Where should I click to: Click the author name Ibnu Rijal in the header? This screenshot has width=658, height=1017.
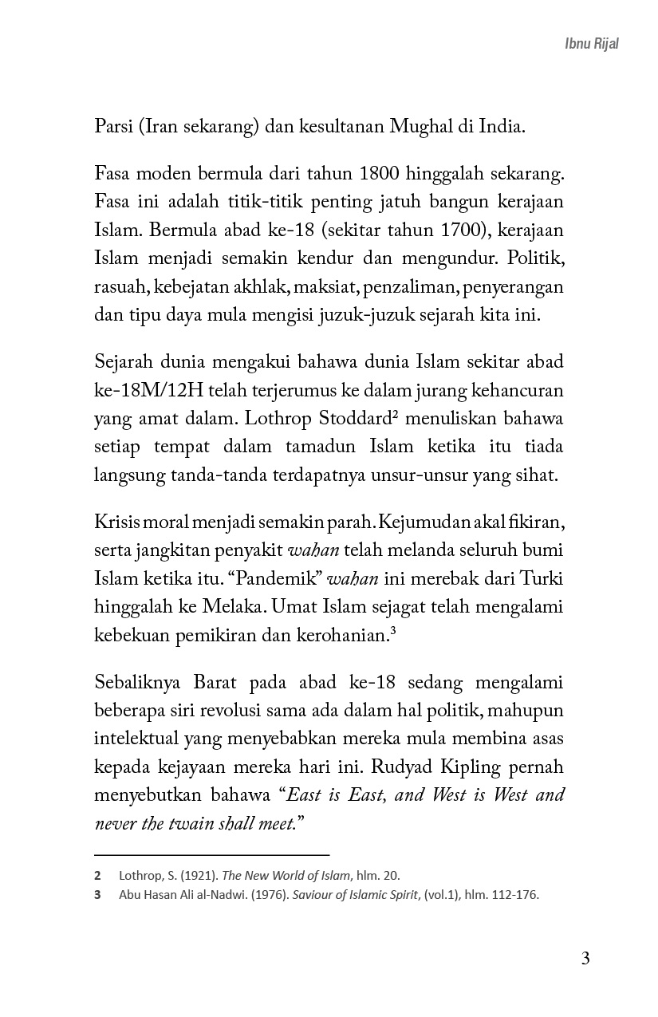[x=591, y=44]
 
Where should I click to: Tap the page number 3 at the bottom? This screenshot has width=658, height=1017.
[x=585, y=958]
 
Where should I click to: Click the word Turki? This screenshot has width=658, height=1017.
[x=542, y=579]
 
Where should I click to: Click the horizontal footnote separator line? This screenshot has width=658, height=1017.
[x=211, y=853]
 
